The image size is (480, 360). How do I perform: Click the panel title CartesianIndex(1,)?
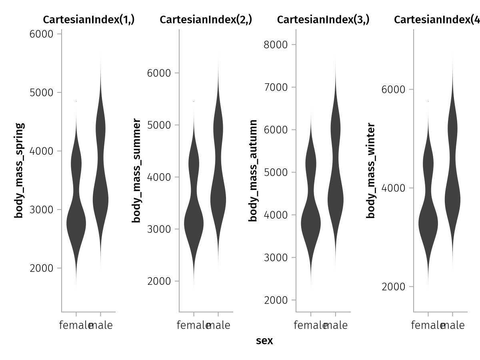click(89, 20)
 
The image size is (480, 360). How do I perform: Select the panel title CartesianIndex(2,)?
click(206, 20)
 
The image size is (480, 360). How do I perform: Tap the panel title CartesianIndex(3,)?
click(323, 20)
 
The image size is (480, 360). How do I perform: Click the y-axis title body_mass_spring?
click(19, 170)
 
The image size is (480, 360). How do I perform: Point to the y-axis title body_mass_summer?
click(136, 170)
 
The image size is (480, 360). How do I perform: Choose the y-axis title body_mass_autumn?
click(253, 170)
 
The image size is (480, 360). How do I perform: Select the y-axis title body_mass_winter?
click(371, 170)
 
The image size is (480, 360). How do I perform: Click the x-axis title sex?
click(264, 341)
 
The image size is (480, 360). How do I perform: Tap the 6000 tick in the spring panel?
click(42, 34)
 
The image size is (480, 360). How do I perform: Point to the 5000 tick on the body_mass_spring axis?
click(42, 92)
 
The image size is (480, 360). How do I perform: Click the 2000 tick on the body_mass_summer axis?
click(159, 281)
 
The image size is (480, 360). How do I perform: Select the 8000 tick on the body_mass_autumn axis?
click(276, 44)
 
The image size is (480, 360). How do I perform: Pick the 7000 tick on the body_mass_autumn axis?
click(276, 87)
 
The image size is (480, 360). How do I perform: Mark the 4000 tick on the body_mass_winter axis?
click(394, 188)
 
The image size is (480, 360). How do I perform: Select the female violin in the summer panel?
click(194, 224)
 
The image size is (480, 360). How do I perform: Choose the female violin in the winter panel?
click(428, 224)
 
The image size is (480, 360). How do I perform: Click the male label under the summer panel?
click(219, 326)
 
